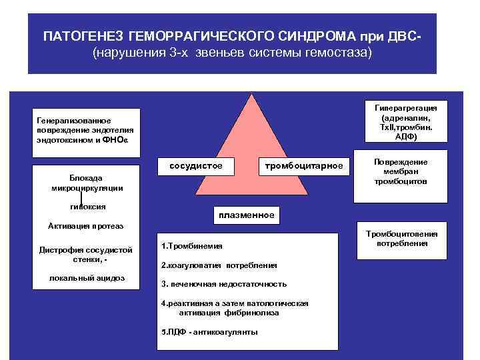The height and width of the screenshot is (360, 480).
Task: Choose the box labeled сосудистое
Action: tap(190, 165)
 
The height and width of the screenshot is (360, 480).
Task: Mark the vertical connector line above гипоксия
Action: tap(81, 198)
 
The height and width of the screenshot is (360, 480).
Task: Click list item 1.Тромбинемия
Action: tap(192, 246)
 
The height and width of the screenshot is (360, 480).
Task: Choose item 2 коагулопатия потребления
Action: tap(219, 265)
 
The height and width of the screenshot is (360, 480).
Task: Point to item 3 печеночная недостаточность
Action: tap(224, 284)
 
